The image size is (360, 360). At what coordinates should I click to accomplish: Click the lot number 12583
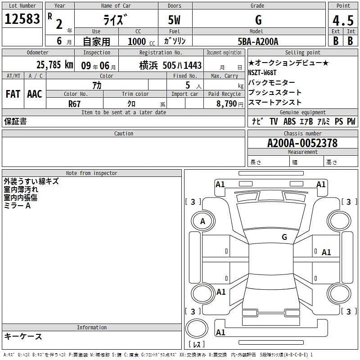[22, 19]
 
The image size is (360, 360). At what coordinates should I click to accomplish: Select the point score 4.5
[343, 21]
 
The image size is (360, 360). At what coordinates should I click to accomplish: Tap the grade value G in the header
[258, 20]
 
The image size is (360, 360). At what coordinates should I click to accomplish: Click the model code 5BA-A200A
[258, 41]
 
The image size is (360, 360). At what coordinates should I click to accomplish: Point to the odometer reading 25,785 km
[54, 65]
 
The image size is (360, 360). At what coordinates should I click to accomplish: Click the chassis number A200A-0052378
[302, 143]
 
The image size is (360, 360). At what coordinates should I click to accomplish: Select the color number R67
[75, 103]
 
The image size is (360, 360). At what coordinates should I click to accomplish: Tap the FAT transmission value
[13, 94]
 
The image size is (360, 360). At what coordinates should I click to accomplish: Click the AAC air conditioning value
[35, 94]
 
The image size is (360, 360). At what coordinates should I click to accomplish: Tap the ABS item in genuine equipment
[289, 121]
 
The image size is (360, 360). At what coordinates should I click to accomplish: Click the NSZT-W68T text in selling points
[262, 72]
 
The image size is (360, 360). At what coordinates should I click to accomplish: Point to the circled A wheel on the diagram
[202, 221]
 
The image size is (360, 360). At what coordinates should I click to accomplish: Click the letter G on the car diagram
[284, 237]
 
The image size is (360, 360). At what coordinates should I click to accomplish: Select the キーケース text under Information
[23, 336]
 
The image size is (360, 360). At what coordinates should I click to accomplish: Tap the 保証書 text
[15, 121]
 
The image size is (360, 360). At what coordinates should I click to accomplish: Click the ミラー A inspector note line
[17, 205]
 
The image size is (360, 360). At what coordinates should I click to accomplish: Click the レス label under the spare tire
[197, 344]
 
